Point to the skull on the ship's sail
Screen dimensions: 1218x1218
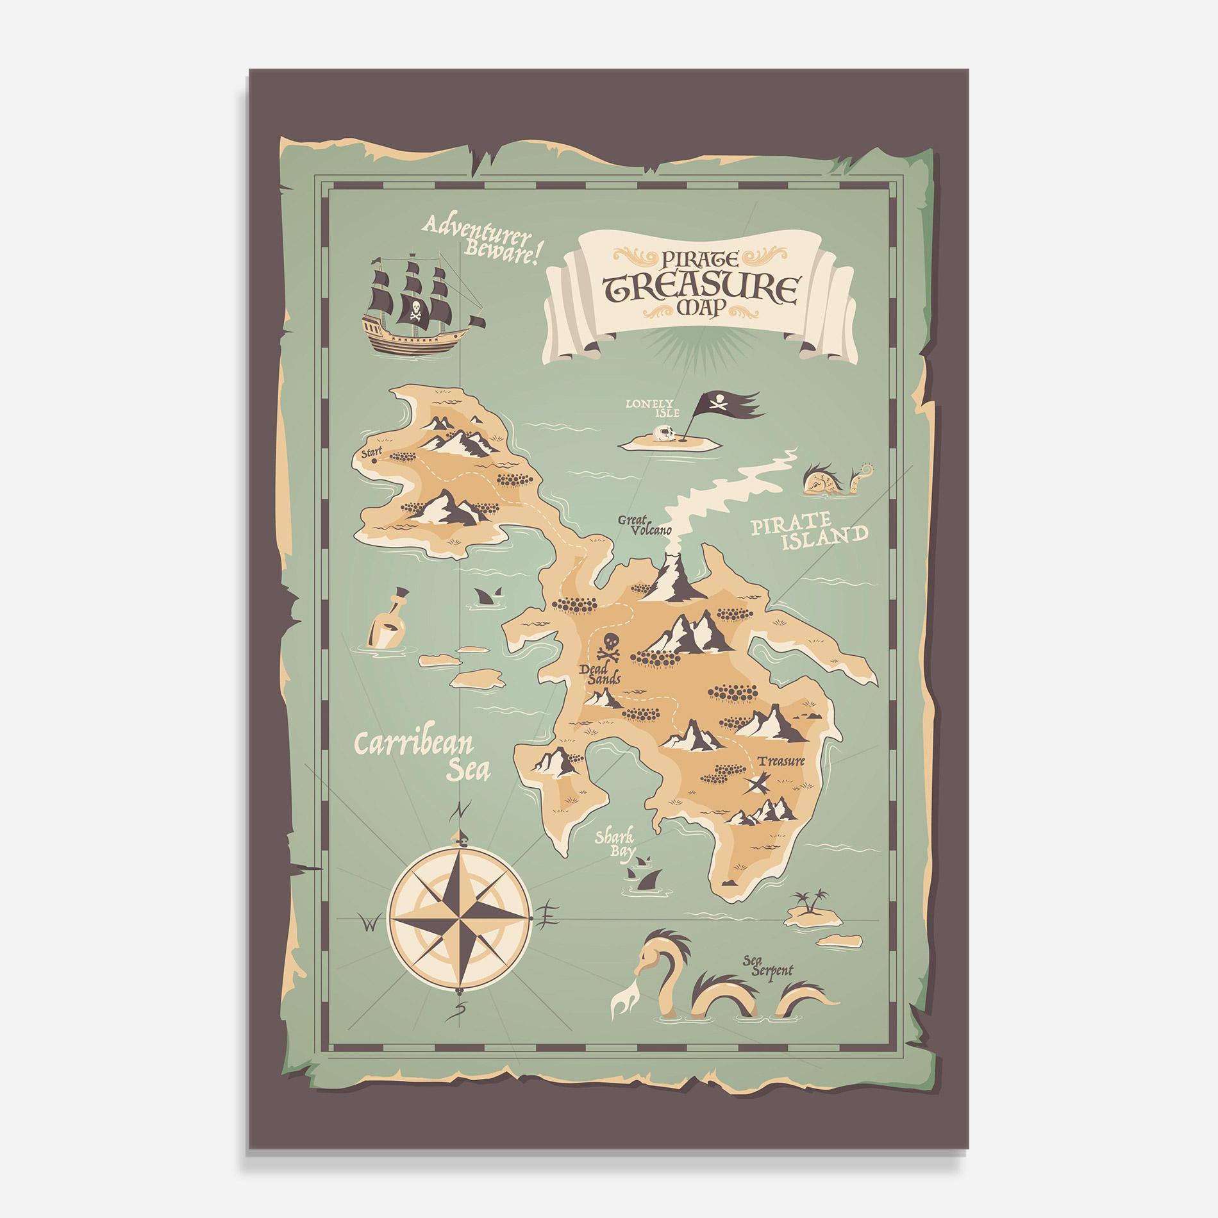[415, 309]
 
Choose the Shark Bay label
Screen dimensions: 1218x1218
[614, 844]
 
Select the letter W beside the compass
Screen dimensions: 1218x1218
[369, 924]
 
